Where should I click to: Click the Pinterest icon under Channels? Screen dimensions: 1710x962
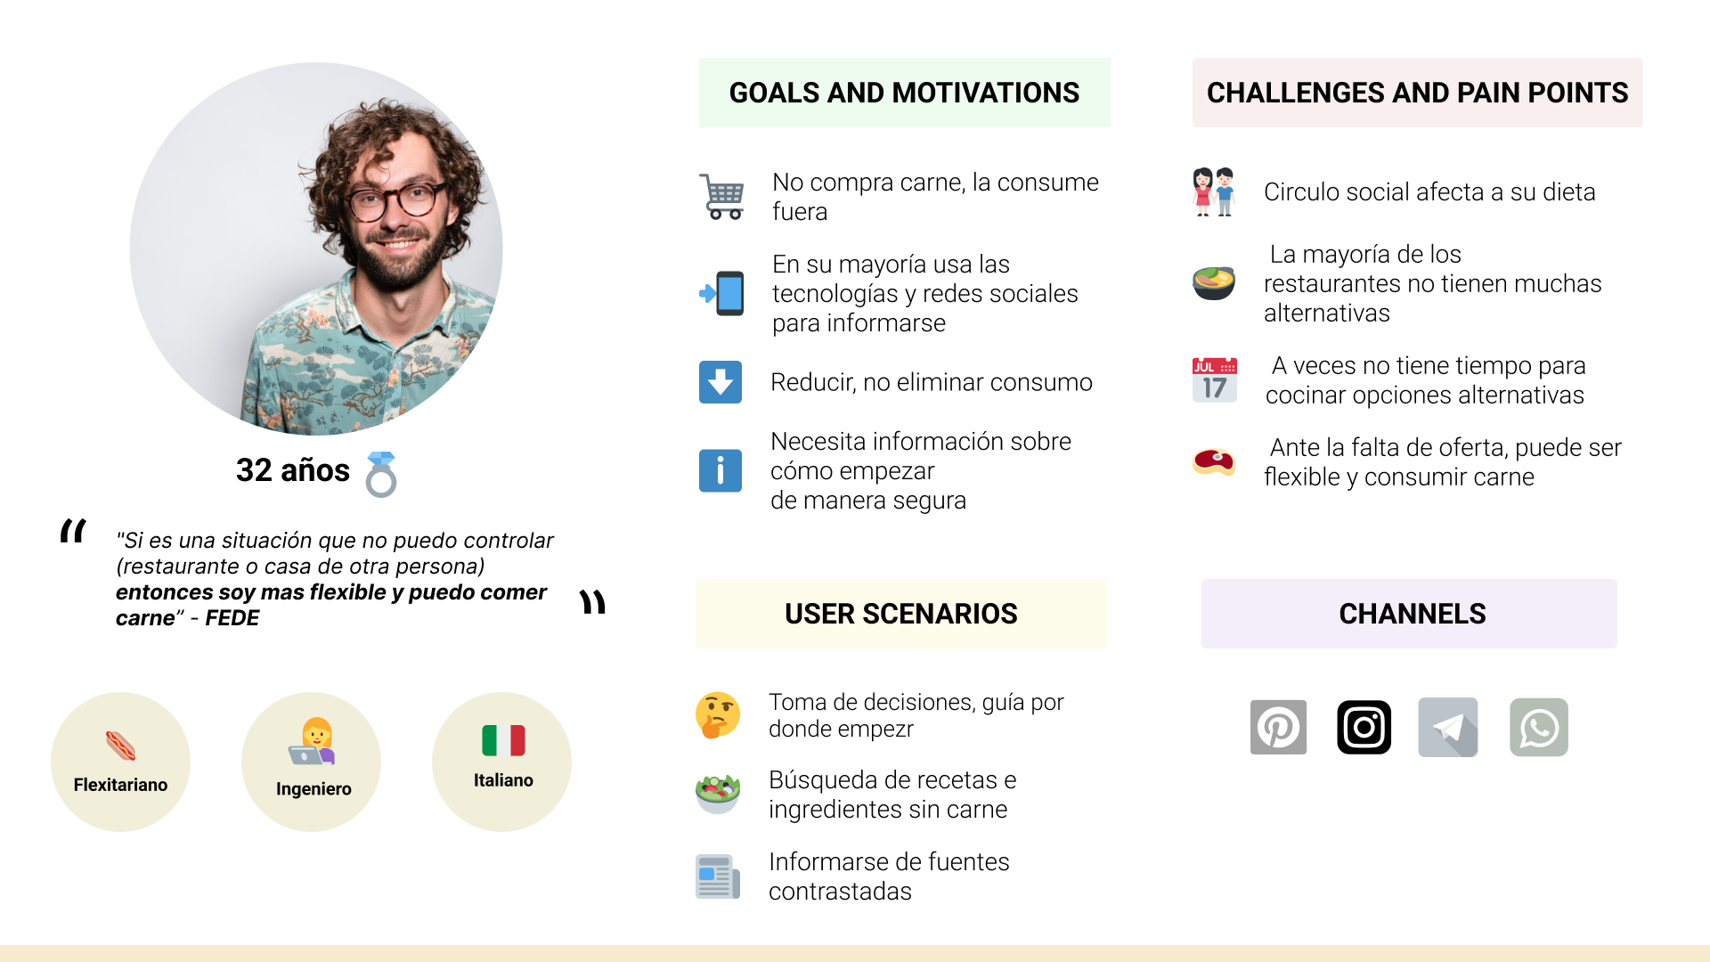1278,727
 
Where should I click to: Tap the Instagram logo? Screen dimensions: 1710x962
1364,727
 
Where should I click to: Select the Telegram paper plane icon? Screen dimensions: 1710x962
1448,727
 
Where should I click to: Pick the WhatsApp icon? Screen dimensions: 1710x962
1539,727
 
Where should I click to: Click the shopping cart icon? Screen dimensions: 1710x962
721,196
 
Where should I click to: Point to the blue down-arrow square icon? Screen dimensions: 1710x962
721,382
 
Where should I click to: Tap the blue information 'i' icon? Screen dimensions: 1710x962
721,470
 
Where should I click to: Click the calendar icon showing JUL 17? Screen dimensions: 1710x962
1215,379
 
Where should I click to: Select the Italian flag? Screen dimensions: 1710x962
503,740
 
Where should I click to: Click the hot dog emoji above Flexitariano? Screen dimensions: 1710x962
120,746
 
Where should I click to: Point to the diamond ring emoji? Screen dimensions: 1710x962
381,474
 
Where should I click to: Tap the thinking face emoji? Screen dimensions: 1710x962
718,715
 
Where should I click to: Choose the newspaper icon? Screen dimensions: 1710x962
718,876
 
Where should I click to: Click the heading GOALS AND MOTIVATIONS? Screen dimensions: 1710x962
904,93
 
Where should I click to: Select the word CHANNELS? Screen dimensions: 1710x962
1413,614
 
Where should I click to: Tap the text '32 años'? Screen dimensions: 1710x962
293,470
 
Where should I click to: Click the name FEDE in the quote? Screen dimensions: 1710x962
232,618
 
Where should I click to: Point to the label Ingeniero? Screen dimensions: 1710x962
313,789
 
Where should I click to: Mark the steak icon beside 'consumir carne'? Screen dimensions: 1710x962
1214,461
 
